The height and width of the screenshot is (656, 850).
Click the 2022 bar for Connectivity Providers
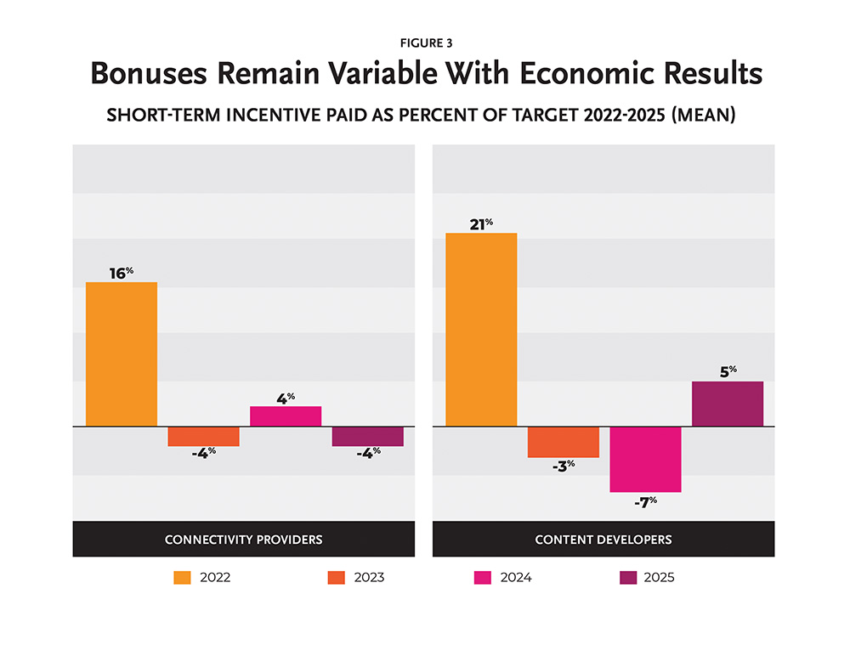click(122, 353)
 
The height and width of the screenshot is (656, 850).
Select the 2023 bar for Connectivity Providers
click(203, 436)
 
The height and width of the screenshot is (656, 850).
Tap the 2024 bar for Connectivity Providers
click(285, 416)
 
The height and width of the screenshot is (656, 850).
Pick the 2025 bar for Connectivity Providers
click(367, 436)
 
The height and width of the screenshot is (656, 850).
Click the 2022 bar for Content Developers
click(481, 329)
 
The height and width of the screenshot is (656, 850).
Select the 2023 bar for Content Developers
click(563, 442)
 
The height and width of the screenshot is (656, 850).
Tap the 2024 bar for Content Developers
click(645, 459)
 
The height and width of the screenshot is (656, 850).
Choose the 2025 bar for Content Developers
click(727, 404)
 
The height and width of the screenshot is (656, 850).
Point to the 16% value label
click(122, 273)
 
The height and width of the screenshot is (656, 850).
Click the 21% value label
click(481, 223)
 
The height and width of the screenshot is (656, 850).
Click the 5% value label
click(727, 371)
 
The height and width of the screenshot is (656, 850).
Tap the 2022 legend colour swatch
click(182, 578)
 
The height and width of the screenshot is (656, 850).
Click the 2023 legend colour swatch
click(336, 578)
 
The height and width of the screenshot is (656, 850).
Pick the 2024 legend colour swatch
click(481, 578)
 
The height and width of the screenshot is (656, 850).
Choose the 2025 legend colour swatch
click(626, 578)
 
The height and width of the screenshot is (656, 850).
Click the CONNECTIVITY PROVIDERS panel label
click(243, 540)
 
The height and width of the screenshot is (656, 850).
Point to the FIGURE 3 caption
click(425, 43)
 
